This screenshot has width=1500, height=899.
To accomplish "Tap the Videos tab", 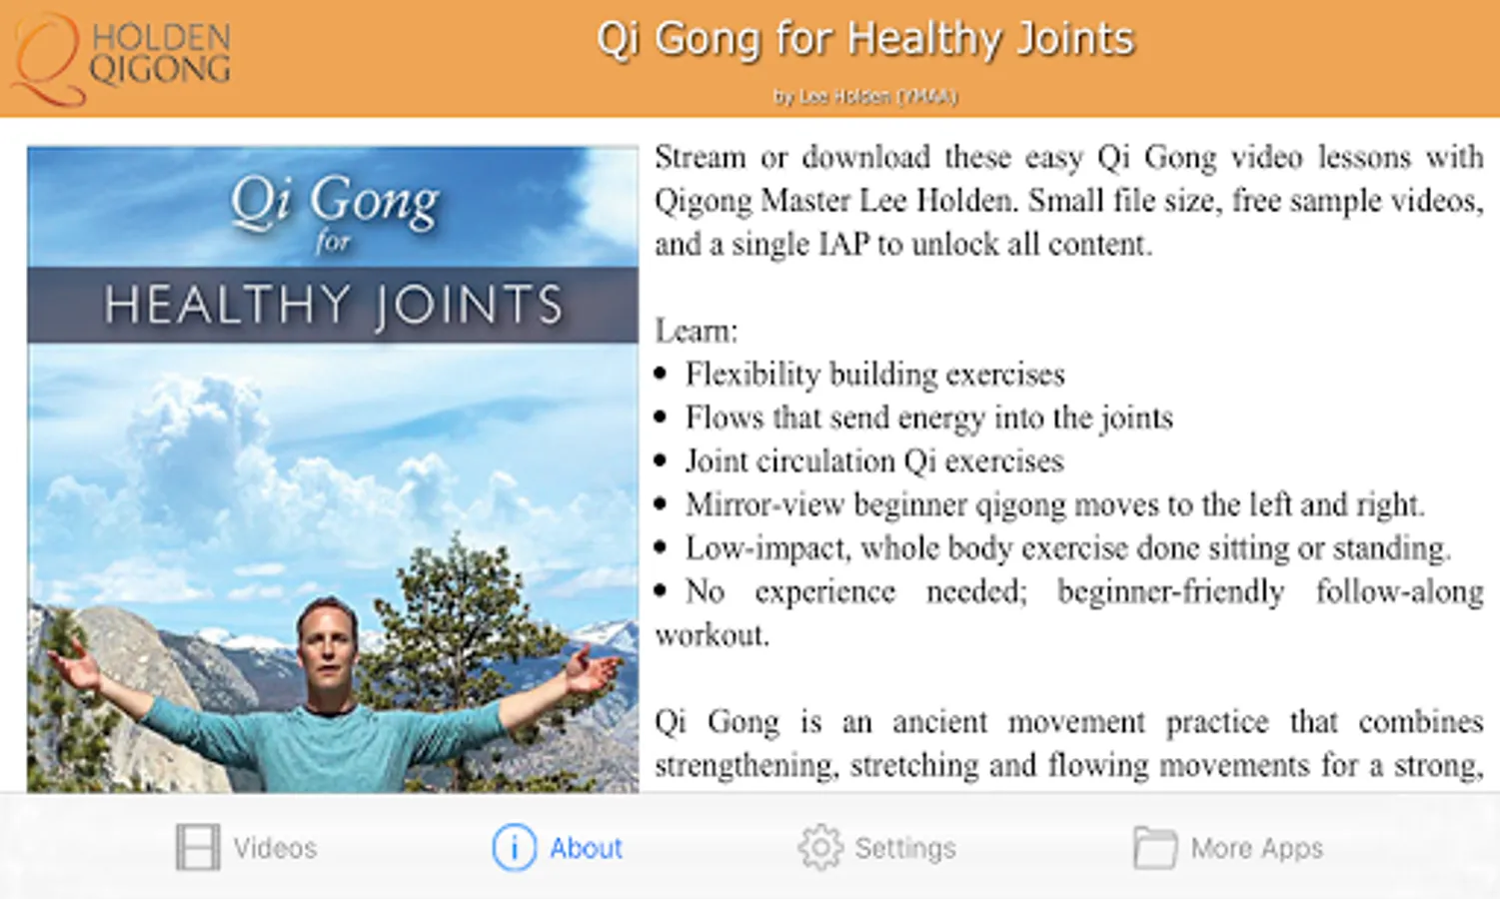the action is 246,847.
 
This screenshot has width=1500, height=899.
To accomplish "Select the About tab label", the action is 586,848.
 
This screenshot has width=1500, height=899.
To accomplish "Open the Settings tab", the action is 876,847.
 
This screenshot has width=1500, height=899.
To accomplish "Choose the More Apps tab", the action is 1228,847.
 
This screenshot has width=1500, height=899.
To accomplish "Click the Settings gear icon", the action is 820,847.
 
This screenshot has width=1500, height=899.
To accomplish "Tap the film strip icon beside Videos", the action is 198,847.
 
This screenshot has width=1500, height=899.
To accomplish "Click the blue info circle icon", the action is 514,847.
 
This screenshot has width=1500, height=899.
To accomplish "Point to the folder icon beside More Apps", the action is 1155,847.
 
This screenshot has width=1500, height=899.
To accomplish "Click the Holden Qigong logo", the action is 122,59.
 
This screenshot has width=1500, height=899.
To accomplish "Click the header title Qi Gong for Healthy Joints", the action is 865,39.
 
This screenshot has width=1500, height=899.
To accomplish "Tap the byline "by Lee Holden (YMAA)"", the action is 865,97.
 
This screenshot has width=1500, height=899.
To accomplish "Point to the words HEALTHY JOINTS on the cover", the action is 333,306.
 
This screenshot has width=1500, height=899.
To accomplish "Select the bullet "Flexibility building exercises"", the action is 874,375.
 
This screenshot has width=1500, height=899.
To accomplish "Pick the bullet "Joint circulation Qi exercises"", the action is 873,461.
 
